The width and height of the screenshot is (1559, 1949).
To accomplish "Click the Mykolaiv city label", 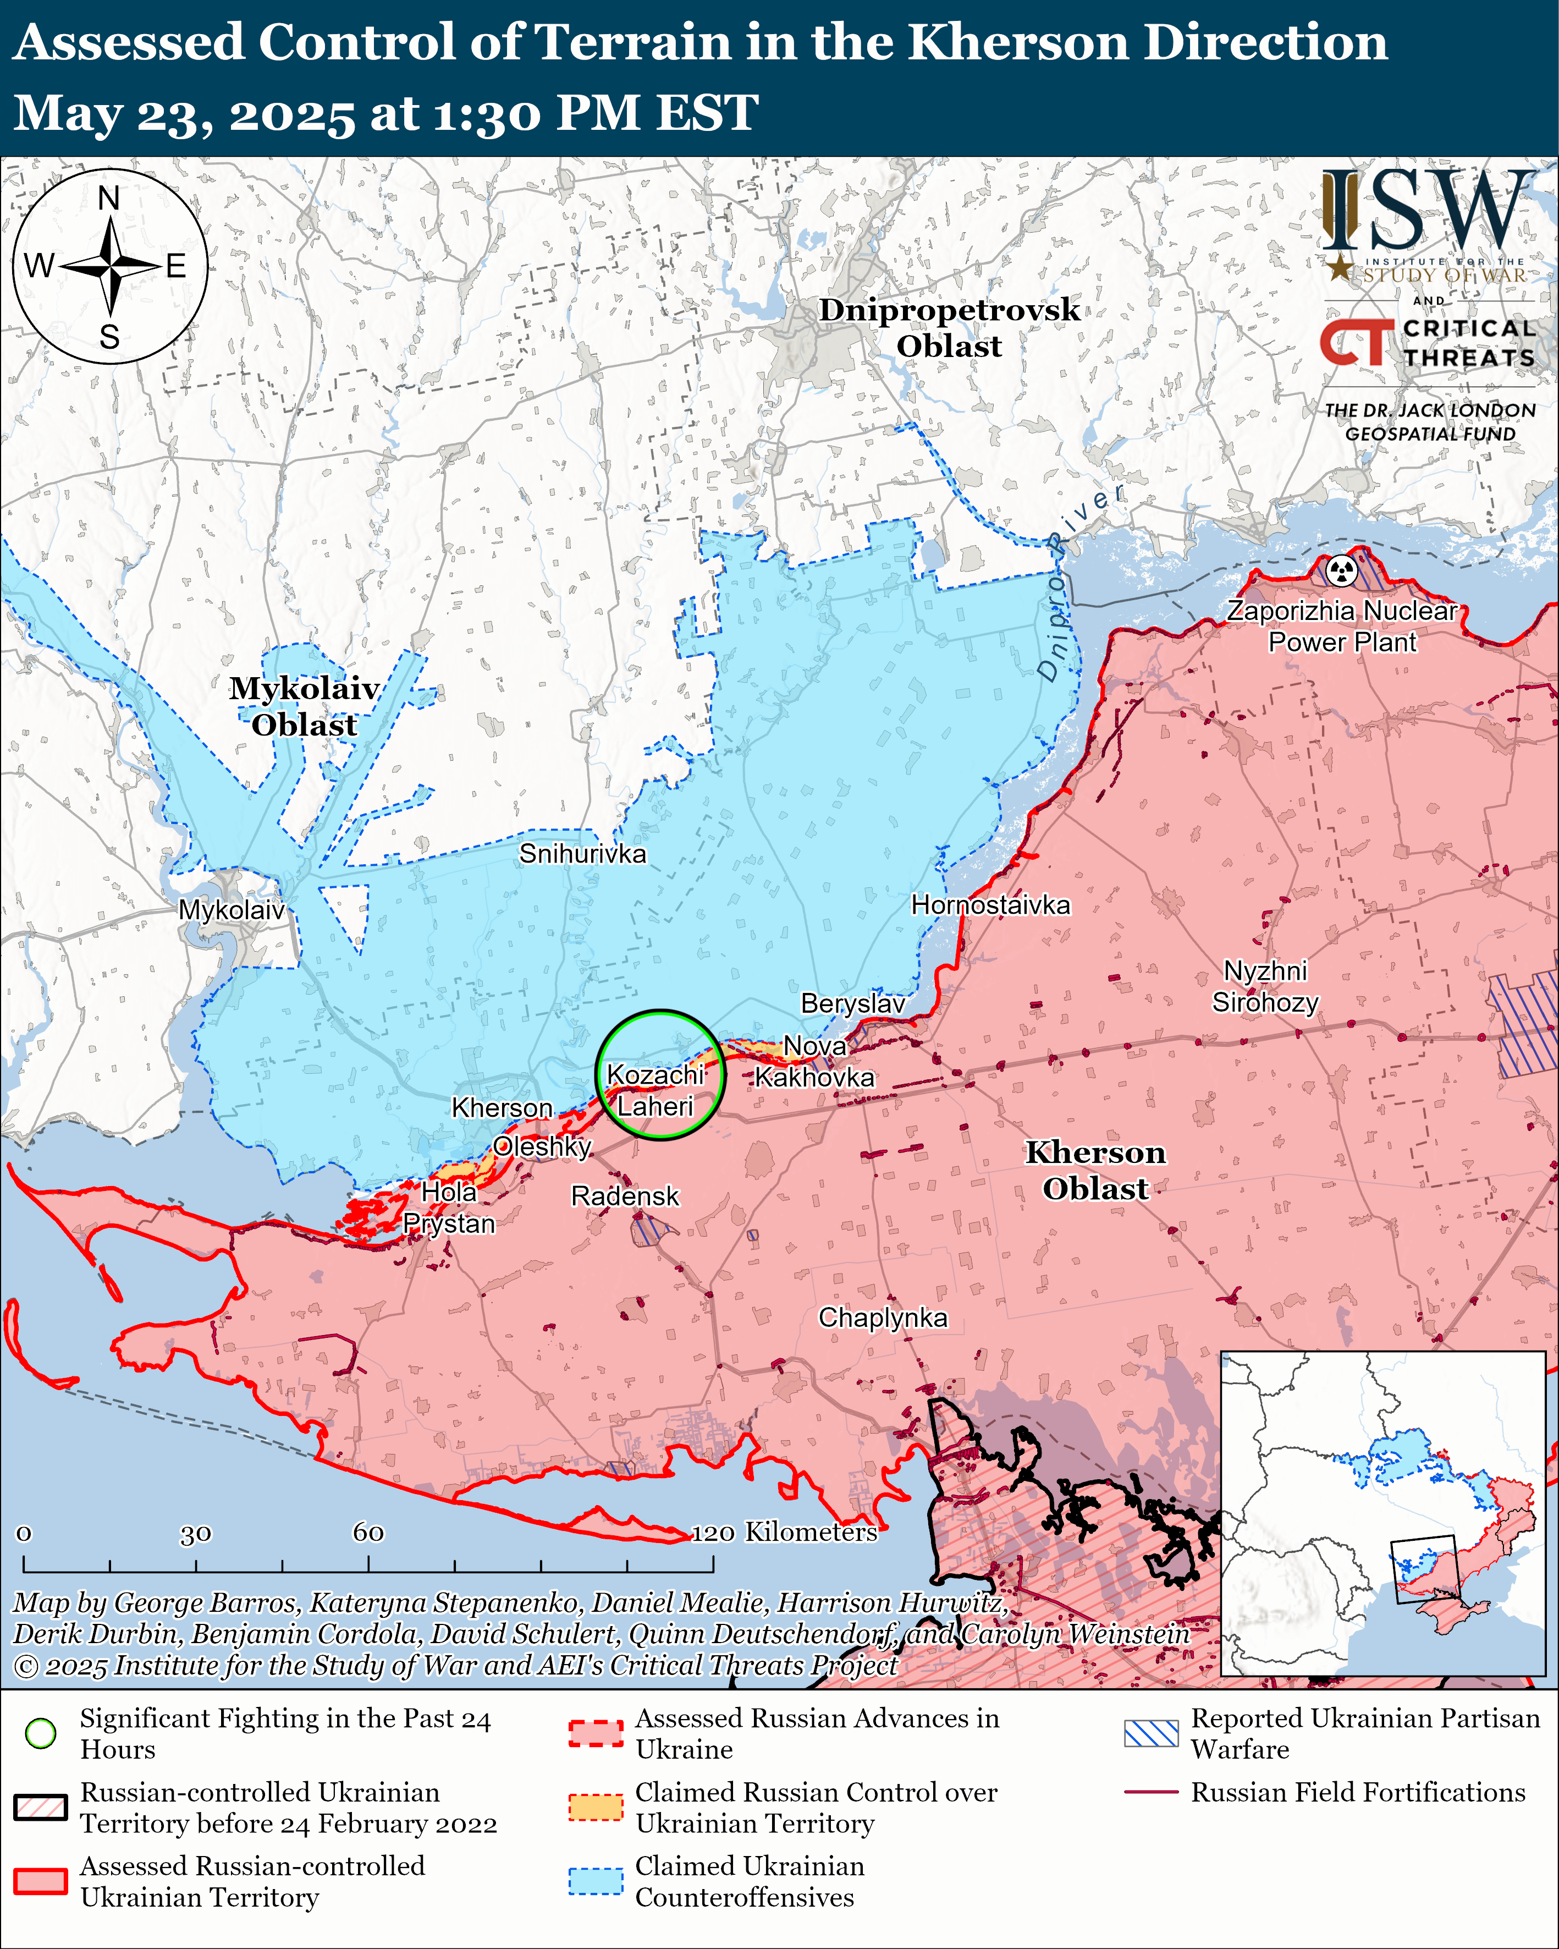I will (x=232, y=909).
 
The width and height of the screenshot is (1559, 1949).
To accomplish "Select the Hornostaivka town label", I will (x=990, y=905).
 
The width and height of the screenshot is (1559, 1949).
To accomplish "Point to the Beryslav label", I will (x=852, y=1003).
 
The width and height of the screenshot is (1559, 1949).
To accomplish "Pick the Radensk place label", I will (x=625, y=1196).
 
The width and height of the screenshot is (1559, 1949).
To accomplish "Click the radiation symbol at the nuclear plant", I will (x=1342, y=570).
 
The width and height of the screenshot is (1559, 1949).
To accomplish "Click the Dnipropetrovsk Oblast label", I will (x=949, y=327).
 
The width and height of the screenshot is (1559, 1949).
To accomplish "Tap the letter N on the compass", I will (x=108, y=198).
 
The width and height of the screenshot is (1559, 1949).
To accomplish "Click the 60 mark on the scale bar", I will (x=368, y=1532).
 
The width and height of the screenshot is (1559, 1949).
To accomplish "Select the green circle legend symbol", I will (x=41, y=1733).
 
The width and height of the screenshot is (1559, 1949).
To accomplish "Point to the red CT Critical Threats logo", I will (x=1356, y=343).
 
